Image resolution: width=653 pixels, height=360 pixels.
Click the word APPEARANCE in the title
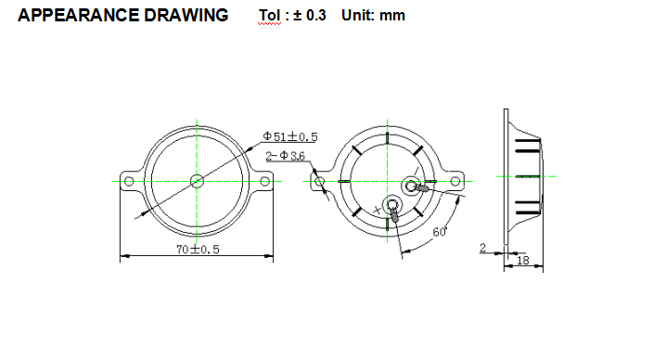(x=78, y=16)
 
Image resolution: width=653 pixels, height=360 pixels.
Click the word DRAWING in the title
(x=186, y=16)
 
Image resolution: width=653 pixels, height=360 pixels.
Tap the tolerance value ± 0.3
(x=310, y=16)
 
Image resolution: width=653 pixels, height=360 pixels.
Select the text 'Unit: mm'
(x=373, y=16)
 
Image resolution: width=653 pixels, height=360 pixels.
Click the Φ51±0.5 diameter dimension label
(x=289, y=136)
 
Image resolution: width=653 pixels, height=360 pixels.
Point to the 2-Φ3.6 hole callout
(x=286, y=156)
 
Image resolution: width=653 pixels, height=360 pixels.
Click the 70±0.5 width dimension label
(x=198, y=250)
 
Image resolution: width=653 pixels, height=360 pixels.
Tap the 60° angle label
(x=440, y=232)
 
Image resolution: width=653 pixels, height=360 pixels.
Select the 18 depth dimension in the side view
(x=522, y=261)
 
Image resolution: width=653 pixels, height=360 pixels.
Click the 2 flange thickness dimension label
(x=482, y=248)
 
